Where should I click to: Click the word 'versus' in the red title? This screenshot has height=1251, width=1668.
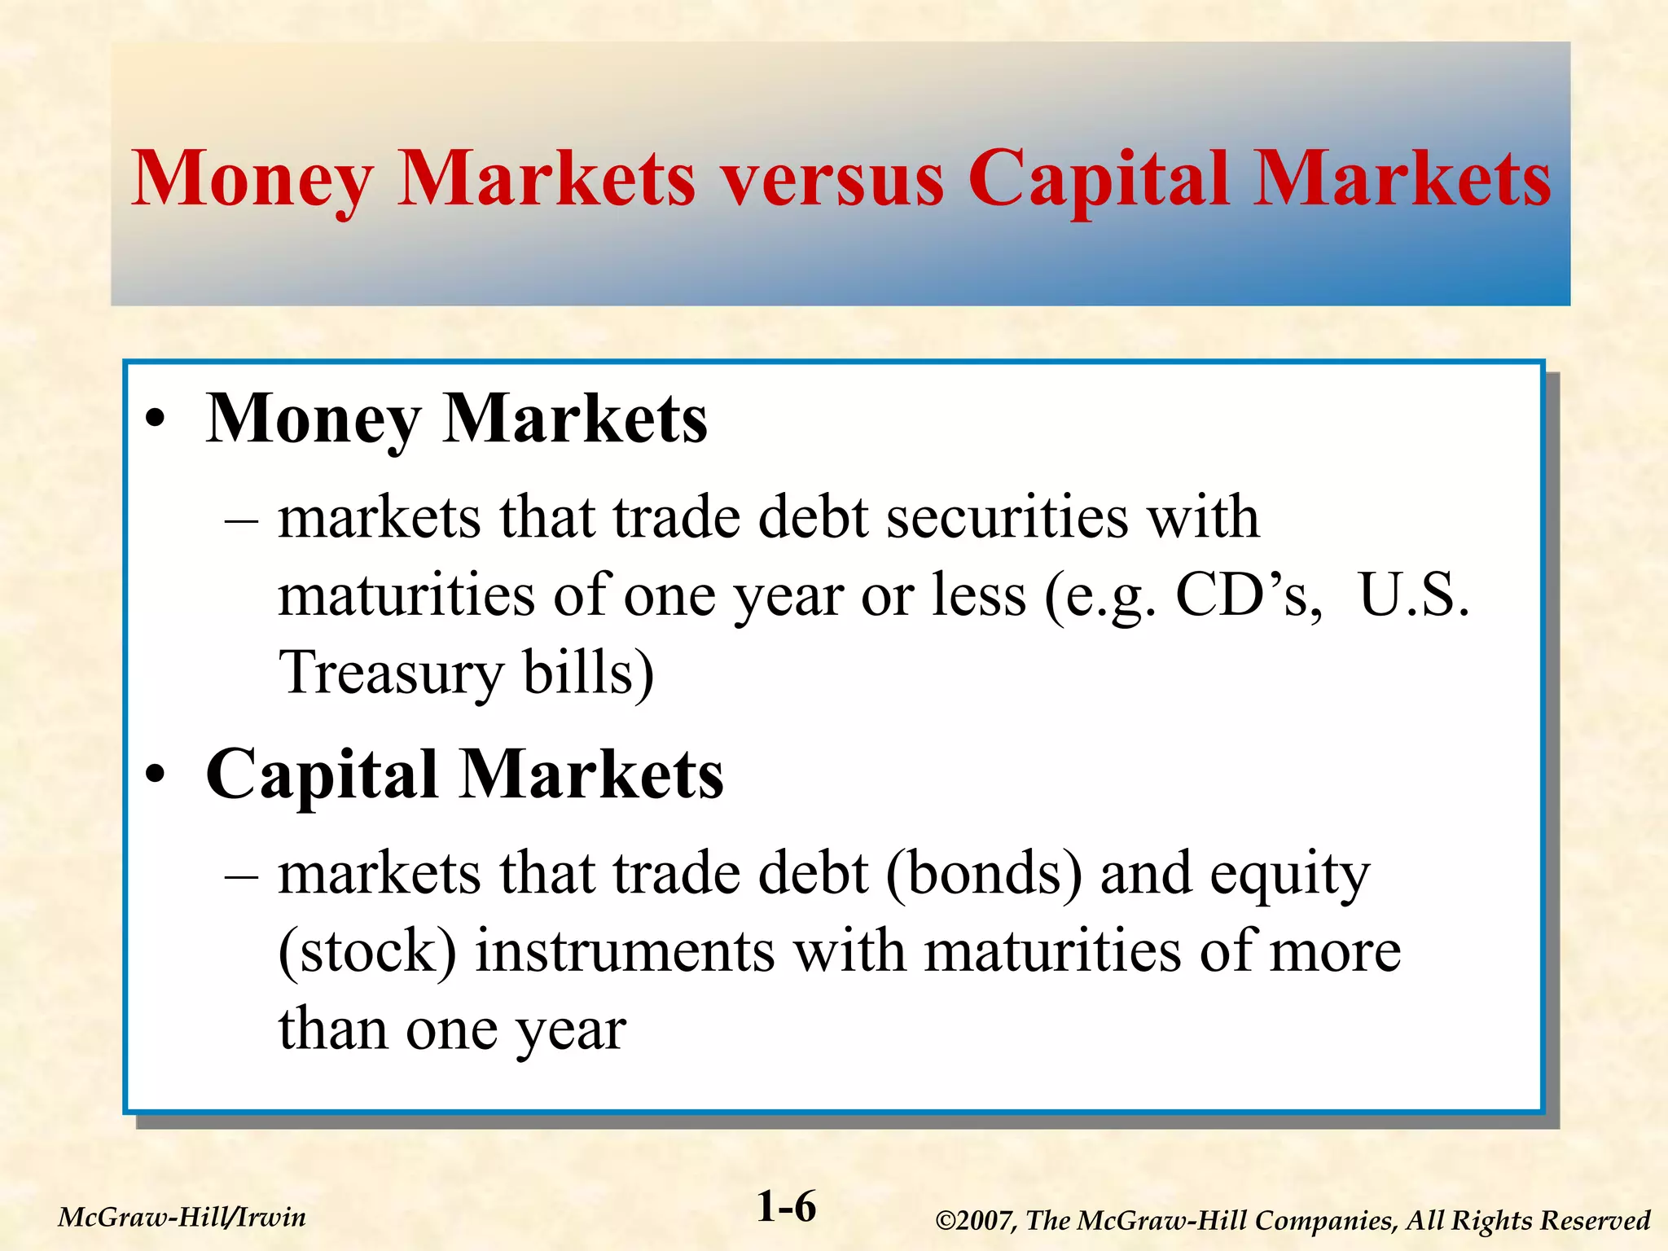pos(832,181)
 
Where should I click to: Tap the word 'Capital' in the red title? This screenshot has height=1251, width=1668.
pos(1098,181)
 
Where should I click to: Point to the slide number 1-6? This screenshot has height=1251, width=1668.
pos(786,1206)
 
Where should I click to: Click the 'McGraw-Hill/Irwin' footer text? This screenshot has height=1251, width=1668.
pos(182,1218)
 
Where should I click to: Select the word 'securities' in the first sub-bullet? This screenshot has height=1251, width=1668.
pos(1007,518)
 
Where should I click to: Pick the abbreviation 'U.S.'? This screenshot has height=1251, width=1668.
pos(1414,595)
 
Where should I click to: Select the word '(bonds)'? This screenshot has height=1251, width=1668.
pos(984,874)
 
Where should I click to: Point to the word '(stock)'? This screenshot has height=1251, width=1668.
pos(367,951)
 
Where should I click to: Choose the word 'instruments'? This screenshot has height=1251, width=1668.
pos(625,951)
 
